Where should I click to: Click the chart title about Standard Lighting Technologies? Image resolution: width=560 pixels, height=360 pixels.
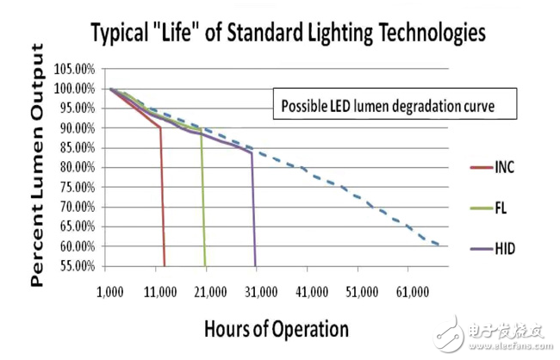288,34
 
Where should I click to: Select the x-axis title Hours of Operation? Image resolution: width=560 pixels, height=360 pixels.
277,328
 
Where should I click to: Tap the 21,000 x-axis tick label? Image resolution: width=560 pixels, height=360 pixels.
209,293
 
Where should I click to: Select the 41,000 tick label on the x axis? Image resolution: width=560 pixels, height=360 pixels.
311,293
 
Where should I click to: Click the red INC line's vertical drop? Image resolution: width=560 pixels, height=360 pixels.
163,198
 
